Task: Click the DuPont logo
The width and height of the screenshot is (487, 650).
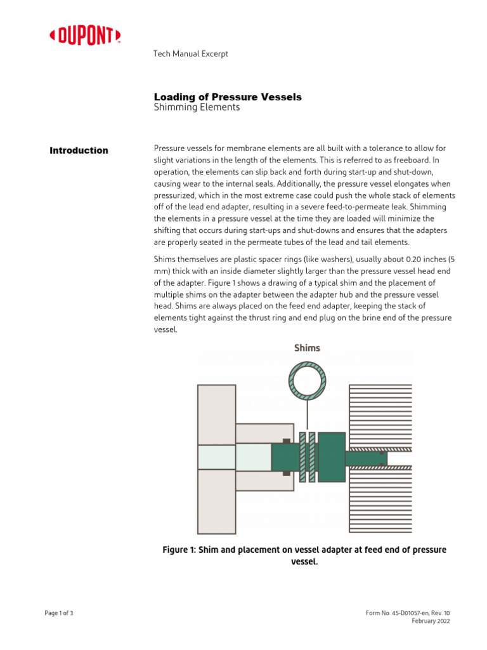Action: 85,37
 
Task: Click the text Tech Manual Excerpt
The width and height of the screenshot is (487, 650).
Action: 191,54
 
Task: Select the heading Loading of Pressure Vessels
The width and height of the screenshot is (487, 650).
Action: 228,97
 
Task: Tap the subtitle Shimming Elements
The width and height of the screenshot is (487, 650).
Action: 197,108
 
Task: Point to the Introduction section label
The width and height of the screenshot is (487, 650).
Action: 79,150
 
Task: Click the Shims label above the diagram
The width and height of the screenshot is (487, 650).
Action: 307,348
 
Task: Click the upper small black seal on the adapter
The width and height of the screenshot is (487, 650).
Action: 287,441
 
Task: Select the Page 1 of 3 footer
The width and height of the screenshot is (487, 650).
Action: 59,613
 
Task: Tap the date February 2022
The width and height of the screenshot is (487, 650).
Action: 431,621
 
